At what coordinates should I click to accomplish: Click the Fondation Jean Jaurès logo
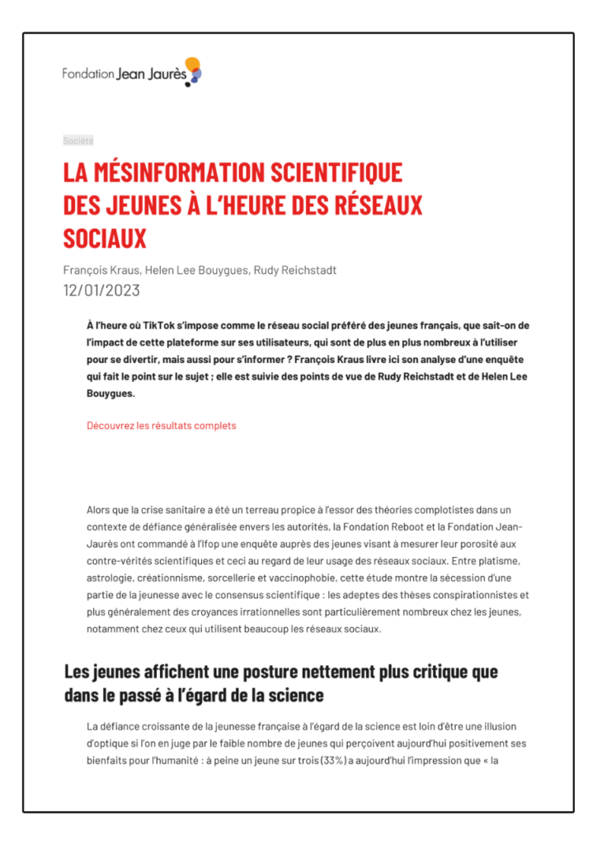pos(132,73)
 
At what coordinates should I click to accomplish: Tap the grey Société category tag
pos(78,141)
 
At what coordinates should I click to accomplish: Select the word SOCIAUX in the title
pos(105,238)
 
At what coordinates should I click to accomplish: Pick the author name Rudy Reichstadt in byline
pos(295,271)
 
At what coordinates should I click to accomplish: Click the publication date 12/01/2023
pos(101,290)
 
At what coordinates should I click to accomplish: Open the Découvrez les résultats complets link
pos(161,426)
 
